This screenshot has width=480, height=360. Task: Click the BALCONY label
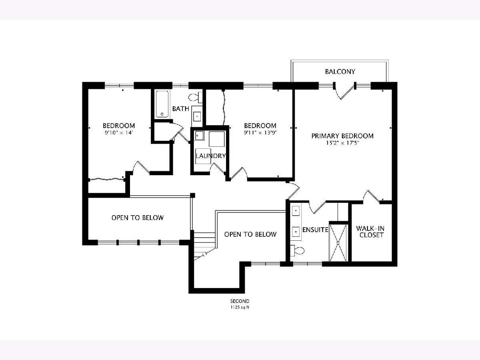[340, 72]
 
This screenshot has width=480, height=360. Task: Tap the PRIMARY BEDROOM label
[342, 136]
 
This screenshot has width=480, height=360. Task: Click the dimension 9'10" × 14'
[119, 133]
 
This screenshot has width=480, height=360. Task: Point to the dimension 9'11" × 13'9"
[260, 133]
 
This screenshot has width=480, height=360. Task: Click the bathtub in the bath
[162, 104]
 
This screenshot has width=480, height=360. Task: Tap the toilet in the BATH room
[195, 97]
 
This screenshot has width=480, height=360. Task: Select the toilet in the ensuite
[297, 250]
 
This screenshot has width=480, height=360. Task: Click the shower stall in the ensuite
[338, 243]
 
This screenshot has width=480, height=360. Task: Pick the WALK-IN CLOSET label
[370, 232]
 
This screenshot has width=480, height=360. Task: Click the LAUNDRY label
[210, 156]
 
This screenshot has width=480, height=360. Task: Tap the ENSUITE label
[315, 230]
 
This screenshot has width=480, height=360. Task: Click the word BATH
[181, 109]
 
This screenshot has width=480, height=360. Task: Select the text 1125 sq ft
[240, 307]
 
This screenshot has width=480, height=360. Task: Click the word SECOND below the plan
[240, 301]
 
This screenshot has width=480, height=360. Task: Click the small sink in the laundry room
[199, 136]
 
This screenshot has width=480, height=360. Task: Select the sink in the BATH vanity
[198, 116]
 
